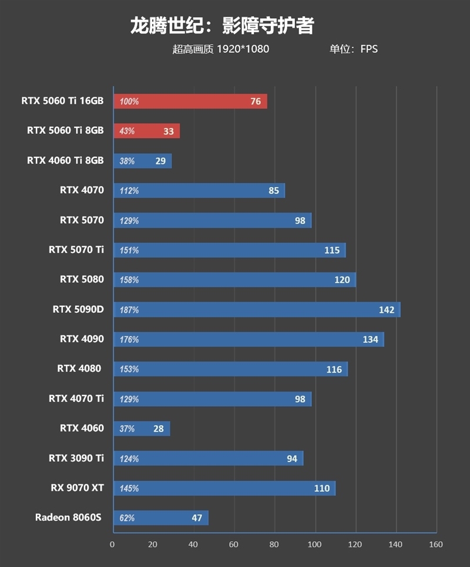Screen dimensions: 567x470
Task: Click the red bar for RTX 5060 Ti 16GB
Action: click(x=190, y=101)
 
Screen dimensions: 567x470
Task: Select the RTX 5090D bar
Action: click(x=256, y=309)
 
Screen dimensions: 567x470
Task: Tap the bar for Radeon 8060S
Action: click(x=160, y=518)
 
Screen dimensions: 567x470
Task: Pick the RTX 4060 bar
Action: click(x=141, y=428)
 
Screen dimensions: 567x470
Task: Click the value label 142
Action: click(x=387, y=310)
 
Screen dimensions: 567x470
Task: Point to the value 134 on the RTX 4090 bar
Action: click(x=370, y=339)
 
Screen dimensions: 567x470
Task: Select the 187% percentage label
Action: click(x=129, y=310)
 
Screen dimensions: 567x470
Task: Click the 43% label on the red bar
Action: click(x=127, y=131)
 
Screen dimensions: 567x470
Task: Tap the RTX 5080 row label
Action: click(x=82, y=279)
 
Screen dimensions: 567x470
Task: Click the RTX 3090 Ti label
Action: click(x=76, y=458)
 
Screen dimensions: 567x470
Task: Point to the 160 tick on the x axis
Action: click(x=436, y=544)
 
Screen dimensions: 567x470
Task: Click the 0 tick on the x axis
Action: click(x=112, y=544)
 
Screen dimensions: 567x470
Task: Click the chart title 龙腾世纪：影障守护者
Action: click(x=222, y=26)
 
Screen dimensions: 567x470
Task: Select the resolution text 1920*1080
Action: click(x=243, y=49)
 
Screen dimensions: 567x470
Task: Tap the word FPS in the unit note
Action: click(x=369, y=49)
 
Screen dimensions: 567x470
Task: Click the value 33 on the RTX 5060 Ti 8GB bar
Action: click(x=169, y=131)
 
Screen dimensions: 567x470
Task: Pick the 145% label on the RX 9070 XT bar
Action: click(x=129, y=488)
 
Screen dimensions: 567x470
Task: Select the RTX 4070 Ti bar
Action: click(x=212, y=399)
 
